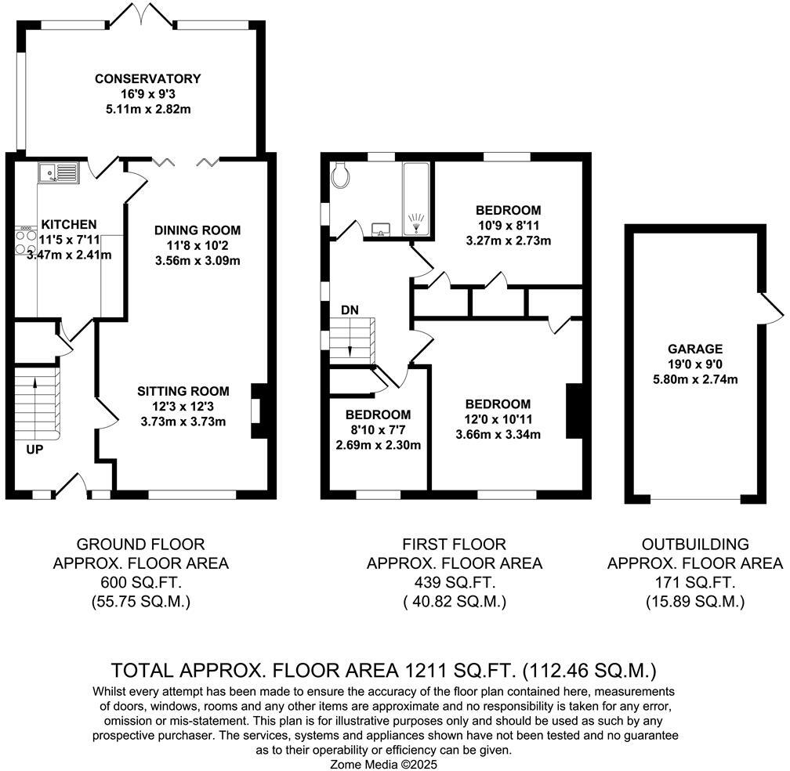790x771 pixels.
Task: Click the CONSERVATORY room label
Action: click(x=147, y=79)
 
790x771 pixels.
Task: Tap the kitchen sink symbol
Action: click(x=59, y=171)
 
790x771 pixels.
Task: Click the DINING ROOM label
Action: click(x=197, y=230)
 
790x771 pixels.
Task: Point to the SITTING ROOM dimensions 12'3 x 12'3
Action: click(x=183, y=406)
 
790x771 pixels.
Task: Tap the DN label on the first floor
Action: click(x=350, y=310)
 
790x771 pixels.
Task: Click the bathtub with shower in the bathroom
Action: click(x=415, y=199)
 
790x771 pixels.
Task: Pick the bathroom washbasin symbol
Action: click(x=382, y=229)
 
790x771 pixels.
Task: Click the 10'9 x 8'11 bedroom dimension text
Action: click(x=508, y=226)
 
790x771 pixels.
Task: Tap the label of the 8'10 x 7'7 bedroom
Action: click(x=379, y=414)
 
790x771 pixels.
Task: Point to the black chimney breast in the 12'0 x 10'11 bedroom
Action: click(x=574, y=411)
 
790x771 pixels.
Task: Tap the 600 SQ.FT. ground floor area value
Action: click(x=140, y=582)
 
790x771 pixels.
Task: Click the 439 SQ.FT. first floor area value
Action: click(x=454, y=582)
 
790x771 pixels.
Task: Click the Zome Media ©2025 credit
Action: click(x=385, y=763)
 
